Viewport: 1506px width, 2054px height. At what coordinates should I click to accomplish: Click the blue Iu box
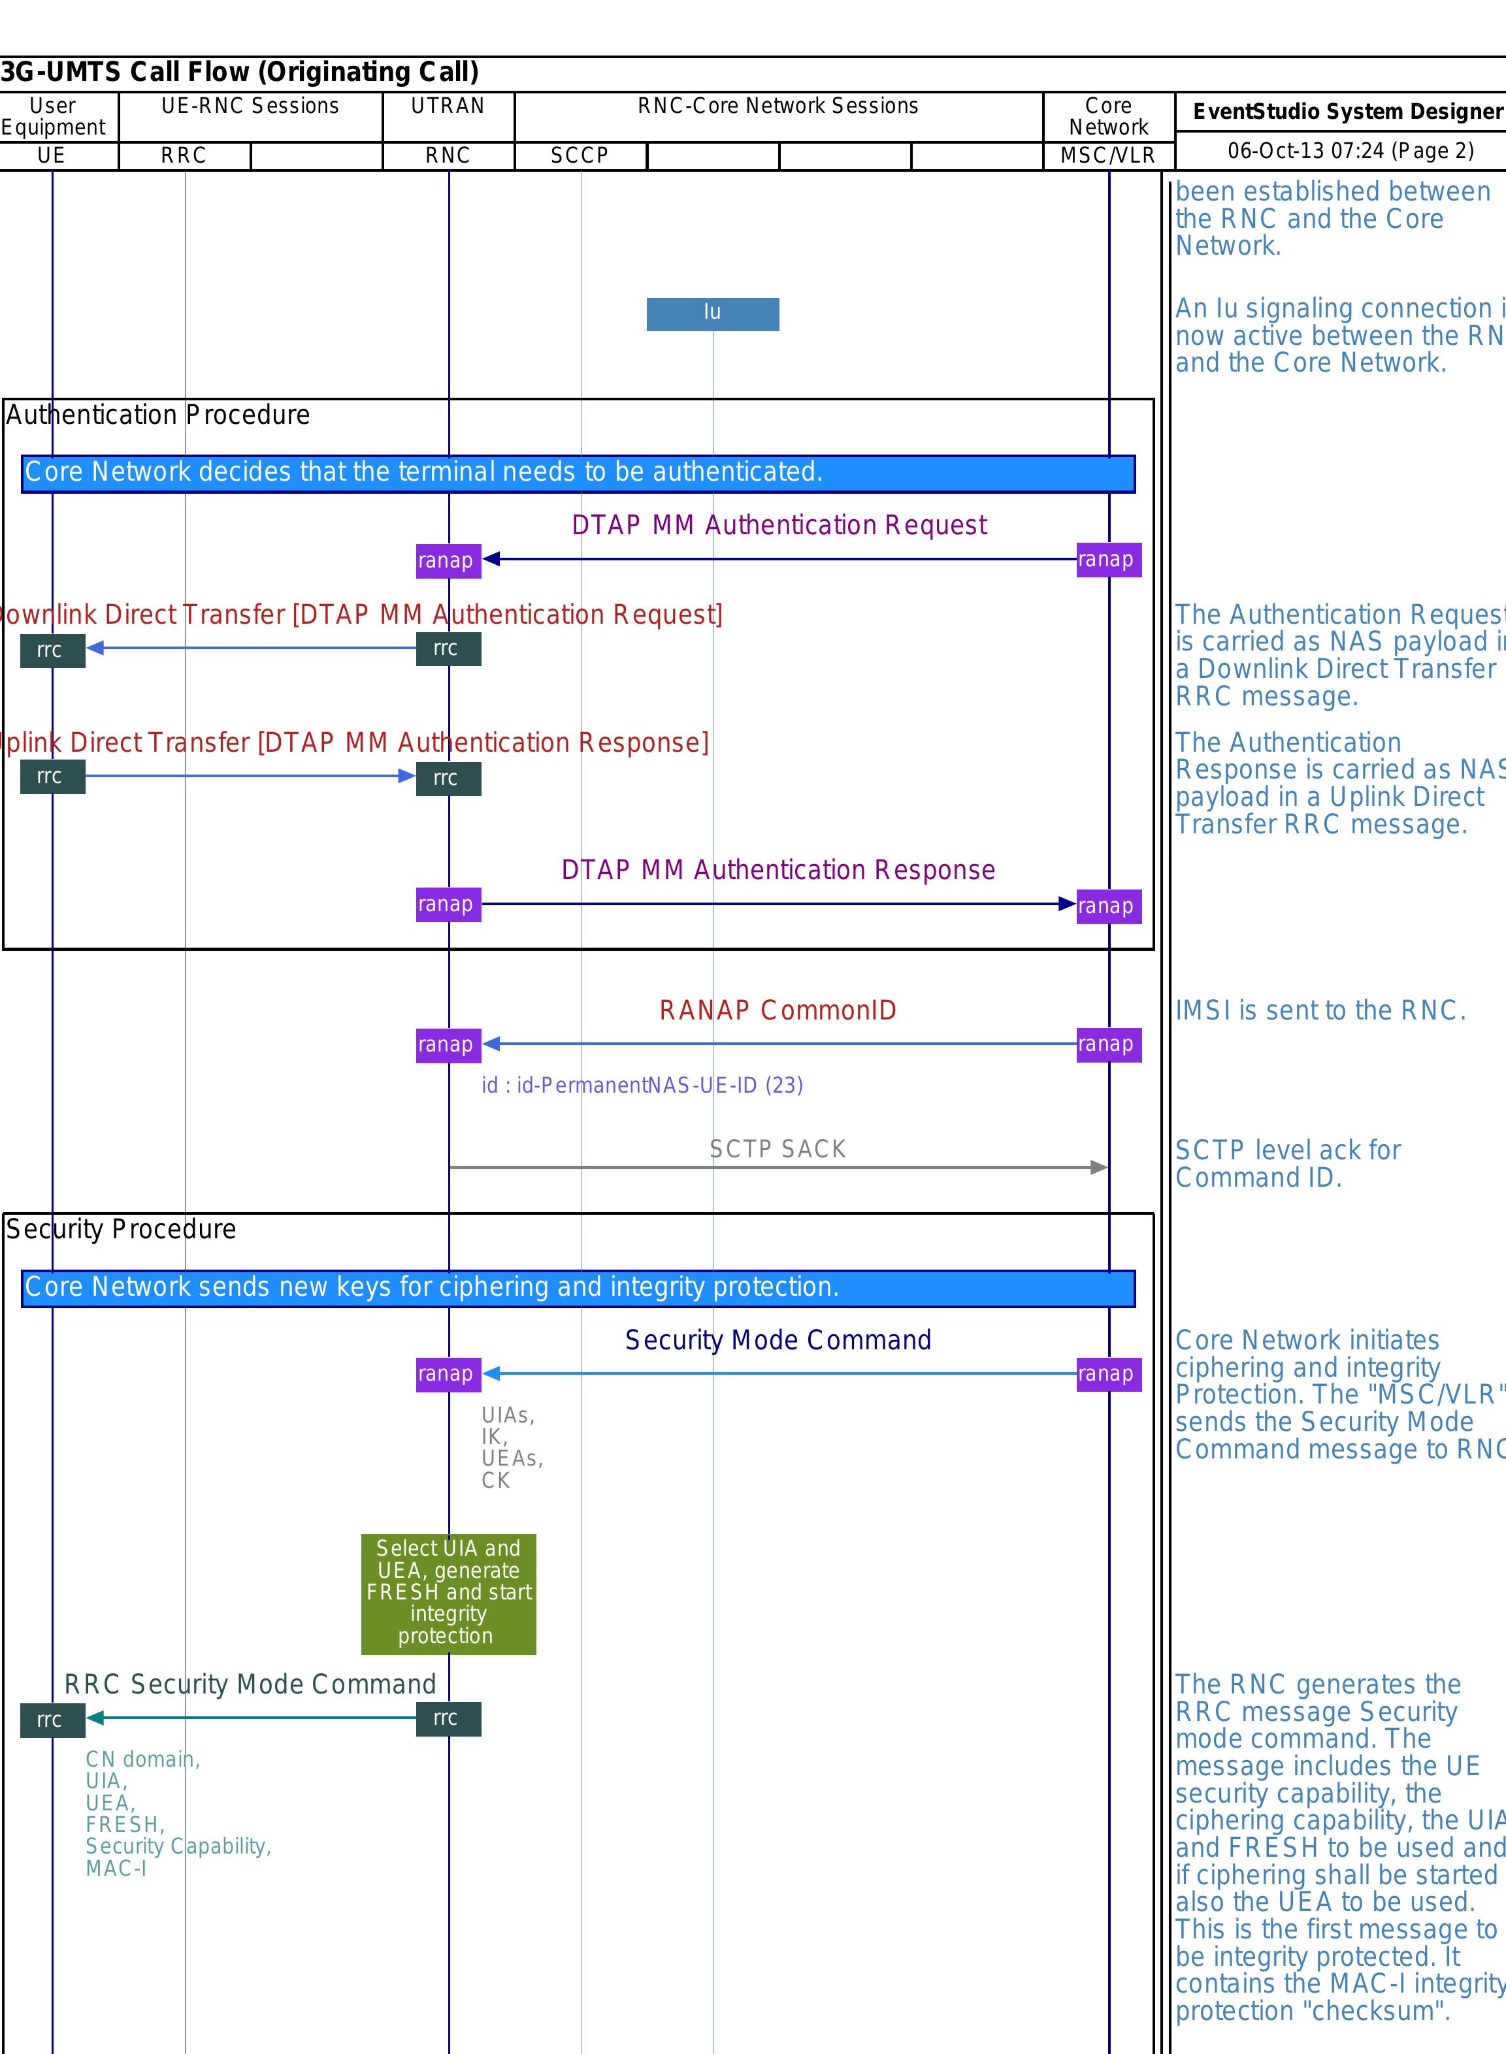click(x=712, y=313)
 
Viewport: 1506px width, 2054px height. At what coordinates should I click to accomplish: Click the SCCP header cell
click(x=580, y=156)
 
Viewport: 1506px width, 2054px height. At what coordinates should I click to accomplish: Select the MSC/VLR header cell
click(x=1107, y=156)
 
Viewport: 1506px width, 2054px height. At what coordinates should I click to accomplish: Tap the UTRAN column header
click(x=448, y=106)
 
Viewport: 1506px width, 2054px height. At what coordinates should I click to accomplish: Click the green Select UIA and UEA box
click(x=448, y=1594)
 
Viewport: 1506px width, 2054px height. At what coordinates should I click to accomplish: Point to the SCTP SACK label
click(x=778, y=1149)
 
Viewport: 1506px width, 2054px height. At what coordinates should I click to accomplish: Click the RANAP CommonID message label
click(x=778, y=1010)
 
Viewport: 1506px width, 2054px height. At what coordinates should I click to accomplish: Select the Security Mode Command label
click(x=778, y=1340)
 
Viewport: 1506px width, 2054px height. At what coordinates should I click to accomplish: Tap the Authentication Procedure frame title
click(x=157, y=415)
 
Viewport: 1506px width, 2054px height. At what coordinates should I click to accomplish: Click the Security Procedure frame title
click(x=122, y=1229)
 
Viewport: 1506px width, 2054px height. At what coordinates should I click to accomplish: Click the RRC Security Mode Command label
click(x=250, y=1684)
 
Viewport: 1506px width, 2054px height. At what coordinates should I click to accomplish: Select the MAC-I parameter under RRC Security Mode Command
click(x=116, y=1868)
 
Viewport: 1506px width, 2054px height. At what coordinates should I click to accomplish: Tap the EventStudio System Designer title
click(x=1347, y=111)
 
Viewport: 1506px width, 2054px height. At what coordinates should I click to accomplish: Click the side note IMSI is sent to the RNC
click(x=1320, y=1010)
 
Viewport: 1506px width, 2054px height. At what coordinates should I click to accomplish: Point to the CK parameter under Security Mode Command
click(x=496, y=1480)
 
